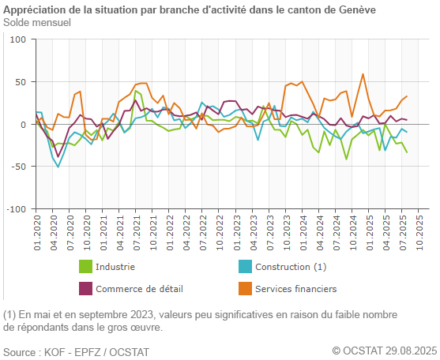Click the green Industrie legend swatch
(86, 267)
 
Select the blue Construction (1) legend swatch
(246, 267)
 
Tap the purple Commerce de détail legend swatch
(86, 288)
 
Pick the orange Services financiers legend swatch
(246, 288)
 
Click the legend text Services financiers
(296, 288)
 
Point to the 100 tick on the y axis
(18, 39)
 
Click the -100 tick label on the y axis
(17, 209)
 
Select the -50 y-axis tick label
(19, 167)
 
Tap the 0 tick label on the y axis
(23, 124)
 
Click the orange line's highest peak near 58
(363, 74)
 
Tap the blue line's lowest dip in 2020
(58, 167)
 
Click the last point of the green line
(407, 152)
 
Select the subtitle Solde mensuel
(37, 22)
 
